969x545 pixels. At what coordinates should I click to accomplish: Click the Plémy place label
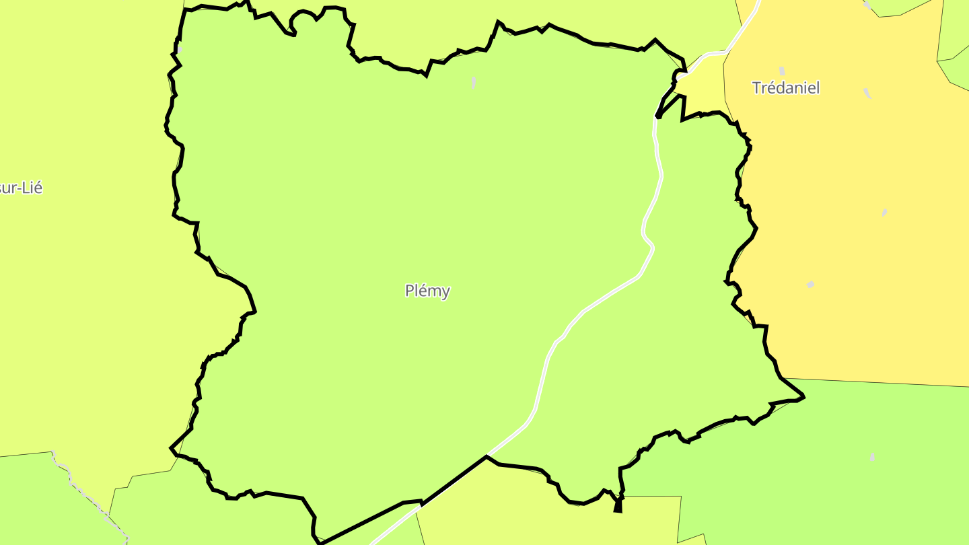pyautogui.click(x=427, y=291)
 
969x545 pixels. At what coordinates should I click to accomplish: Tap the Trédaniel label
pyautogui.click(x=785, y=87)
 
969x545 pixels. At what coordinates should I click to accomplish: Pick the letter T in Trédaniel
pyautogui.click(x=756, y=87)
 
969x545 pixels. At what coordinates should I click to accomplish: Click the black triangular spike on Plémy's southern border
pyautogui.click(x=618, y=506)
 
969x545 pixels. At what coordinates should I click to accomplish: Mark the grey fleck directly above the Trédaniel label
pyautogui.click(x=782, y=71)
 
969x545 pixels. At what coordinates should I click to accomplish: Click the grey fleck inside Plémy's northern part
pyautogui.click(x=474, y=82)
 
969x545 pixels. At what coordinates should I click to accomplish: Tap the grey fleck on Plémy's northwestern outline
pyautogui.click(x=180, y=50)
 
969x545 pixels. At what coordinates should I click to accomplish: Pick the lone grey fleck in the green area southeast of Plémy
pyautogui.click(x=872, y=458)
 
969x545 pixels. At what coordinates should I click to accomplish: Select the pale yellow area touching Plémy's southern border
pyautogui.click(x=538, y=511)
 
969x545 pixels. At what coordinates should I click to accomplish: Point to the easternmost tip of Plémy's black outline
pyautogui.click(x=803, y=396)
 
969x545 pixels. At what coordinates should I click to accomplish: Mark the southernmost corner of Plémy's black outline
pyautogui.click(x=320, y=542)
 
